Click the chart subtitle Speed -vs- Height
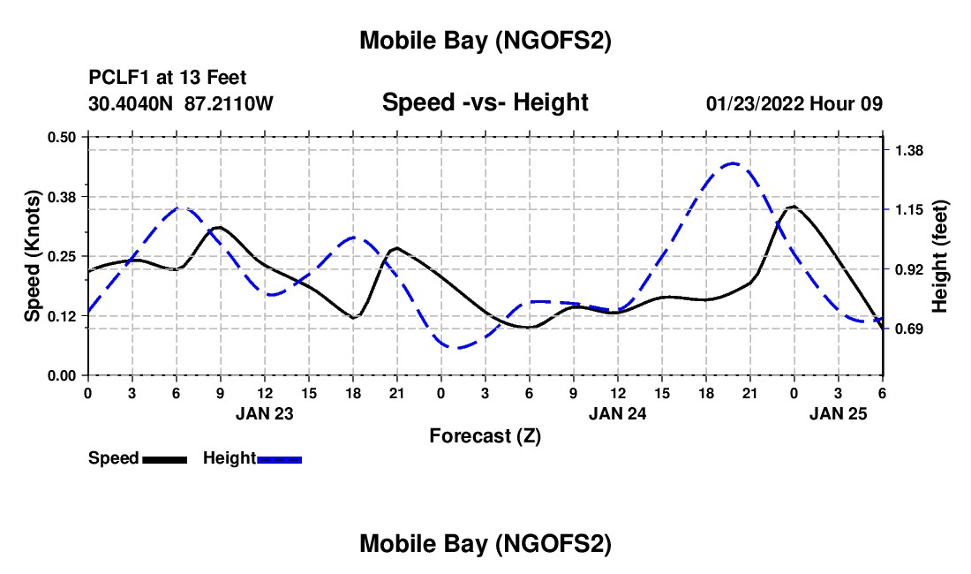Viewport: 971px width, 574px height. coord(485,102)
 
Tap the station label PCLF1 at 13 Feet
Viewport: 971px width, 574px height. coord(168,78)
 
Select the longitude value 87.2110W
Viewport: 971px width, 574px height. coord(230,103)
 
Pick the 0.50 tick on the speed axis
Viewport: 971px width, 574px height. coord(62,137)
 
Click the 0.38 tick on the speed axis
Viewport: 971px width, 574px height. coord(62,196)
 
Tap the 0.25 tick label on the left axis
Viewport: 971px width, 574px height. coord(62,256)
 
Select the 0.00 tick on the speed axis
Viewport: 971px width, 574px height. coord(62,375)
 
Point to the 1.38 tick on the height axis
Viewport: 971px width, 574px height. coord(908,150)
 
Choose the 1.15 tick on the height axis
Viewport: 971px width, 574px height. coord(908,209)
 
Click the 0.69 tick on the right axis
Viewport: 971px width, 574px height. coord(908,329)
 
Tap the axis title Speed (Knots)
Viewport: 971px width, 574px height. coord(32,256)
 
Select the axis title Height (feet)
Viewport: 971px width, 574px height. coord(939,256)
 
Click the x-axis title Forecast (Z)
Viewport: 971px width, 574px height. coord(485,435)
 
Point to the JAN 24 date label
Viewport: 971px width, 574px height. coord(618,412)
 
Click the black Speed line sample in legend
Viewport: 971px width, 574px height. coord(164,458)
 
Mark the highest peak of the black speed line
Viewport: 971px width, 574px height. coord(794,207)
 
